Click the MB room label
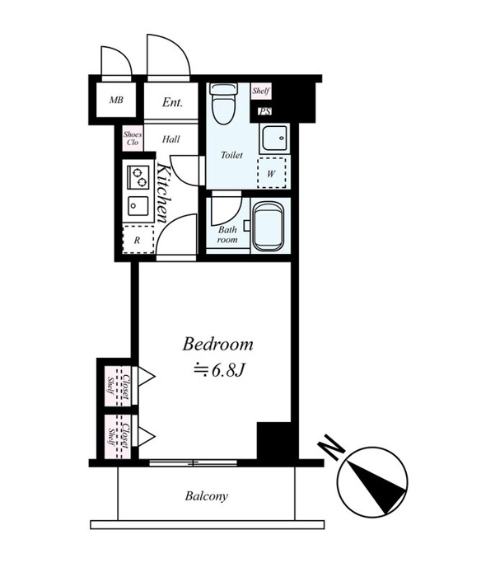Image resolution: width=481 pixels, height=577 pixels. click(x=116, y=100)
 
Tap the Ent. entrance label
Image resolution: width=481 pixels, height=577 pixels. click(x=172, y=102)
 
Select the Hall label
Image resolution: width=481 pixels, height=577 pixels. click(x=171, y=139)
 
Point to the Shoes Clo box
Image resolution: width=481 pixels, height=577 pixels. click(x=133, y=138)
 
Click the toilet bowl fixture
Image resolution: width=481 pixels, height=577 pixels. click(x=223, y=103)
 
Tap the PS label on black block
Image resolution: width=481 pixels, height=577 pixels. click(x=264, y=110)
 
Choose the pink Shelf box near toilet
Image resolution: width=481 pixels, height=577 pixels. click(x=261, y=91)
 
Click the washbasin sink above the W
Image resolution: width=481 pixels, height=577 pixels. click(x=274, y=138)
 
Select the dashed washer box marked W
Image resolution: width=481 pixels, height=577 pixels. click(x=272, y=172)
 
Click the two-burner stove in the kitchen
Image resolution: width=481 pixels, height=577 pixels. click(x=138, y=177)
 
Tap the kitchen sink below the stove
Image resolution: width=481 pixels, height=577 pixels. click(x=138, y=206)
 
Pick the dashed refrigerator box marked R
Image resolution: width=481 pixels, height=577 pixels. click(x=138, y=239)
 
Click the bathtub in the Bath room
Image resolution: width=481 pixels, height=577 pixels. click(x=269, y=227)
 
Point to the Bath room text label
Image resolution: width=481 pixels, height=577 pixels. click(x=227, y=234)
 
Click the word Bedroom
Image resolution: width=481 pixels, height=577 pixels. click(x=217, y=345)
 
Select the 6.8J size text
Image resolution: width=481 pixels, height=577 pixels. click(x=220, y=371)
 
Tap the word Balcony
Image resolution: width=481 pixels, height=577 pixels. click(x=206, y=496)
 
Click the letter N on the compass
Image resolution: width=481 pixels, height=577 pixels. click(x=331, y=448)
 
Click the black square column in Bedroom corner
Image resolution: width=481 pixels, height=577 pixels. click(x=274, y=440)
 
